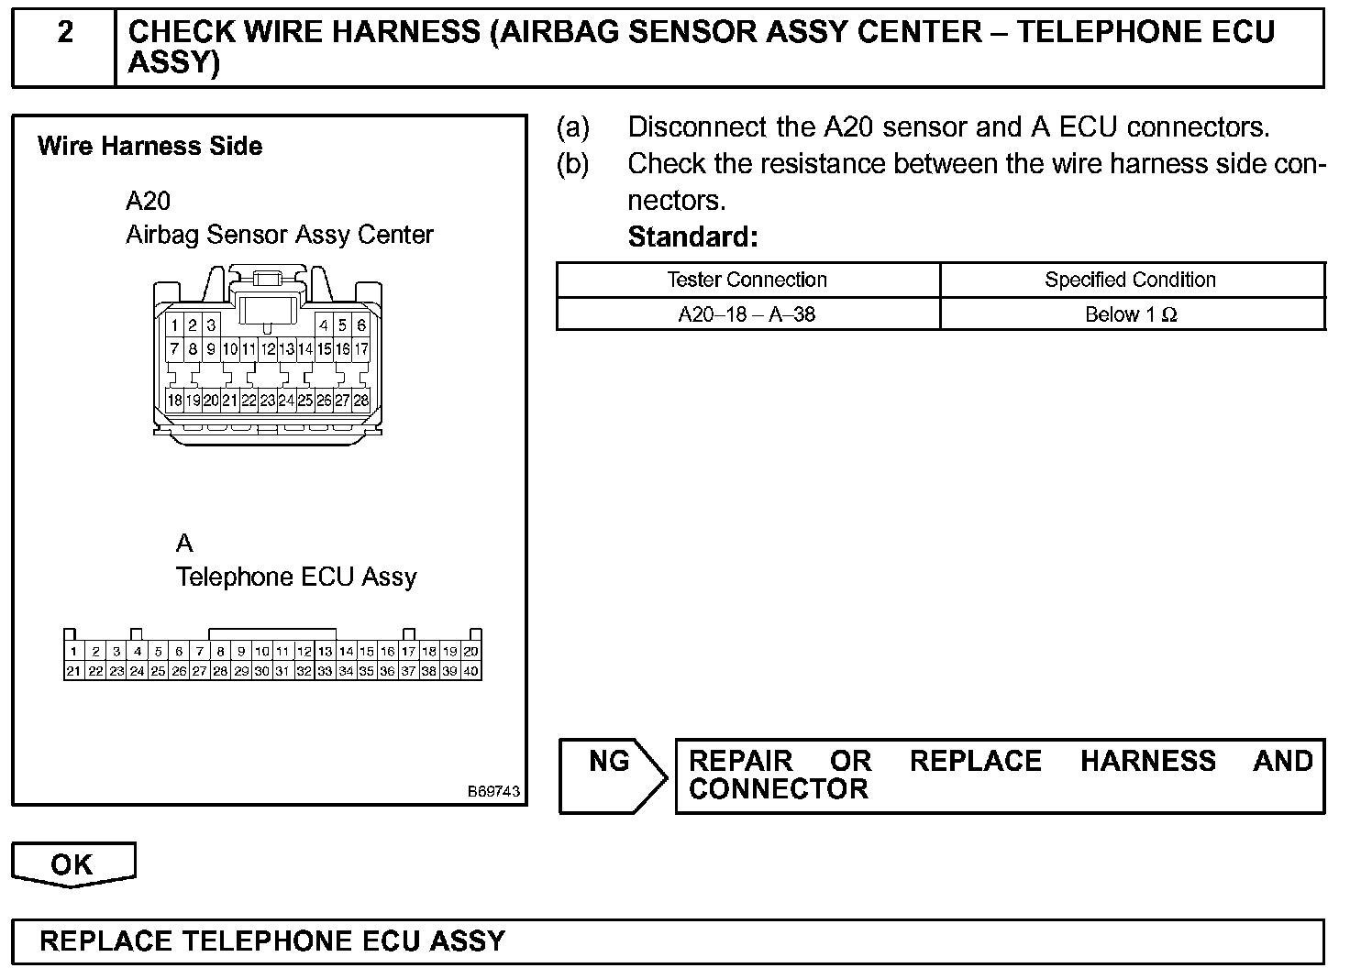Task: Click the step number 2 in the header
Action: click(65, 33)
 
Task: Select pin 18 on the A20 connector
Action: click(174, 401)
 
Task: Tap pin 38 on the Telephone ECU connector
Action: click(428, 671)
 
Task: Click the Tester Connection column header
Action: click(747, 280)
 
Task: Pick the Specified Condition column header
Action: click(1130, 280)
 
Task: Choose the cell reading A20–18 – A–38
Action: click(747, 314)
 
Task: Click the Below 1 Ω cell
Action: click(1130, 314)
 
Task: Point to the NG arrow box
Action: click(612, 775)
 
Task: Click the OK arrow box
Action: click(72, 864)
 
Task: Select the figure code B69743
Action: click(493, 791)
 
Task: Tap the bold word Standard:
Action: click(692, 237)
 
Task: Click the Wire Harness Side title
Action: click(149, 147)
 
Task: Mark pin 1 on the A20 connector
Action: click(174, 325)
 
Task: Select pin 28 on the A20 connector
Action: click(361, 401)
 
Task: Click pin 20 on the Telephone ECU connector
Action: click(470, 652)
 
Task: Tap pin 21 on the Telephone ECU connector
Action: click(73, 671)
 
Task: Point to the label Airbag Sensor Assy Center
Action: click(279, 235)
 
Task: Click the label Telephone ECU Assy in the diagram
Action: click(295, 577)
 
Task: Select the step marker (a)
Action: click(573, 126)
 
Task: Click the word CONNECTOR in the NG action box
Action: click(778, 789)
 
